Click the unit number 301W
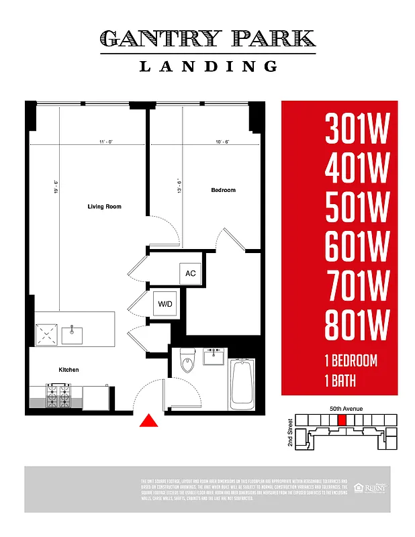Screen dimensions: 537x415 (x=357, y=128)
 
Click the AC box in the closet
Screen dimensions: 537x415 (x=190, y=273)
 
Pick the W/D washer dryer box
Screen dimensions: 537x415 (x=165, y=304)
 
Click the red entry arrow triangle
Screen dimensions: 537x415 (x=148, y=421)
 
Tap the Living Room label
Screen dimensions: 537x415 (x=104, y=207)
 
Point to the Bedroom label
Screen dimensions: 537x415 (x=223, y=191)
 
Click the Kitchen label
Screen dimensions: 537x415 (x=68, y=370)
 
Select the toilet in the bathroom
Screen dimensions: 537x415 (x=187, y=363)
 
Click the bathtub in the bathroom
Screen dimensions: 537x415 (x=242, y=384)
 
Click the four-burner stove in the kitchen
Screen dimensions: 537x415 (x=58, y=395)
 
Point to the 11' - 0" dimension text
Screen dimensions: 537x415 (x=103, y=142)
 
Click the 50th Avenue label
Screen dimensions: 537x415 (x=346, y=408)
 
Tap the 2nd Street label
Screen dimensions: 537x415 (x=290, y=433)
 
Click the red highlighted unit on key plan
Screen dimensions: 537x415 (x=342, y=420)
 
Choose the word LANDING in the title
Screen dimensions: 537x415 (x=208, y=66)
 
